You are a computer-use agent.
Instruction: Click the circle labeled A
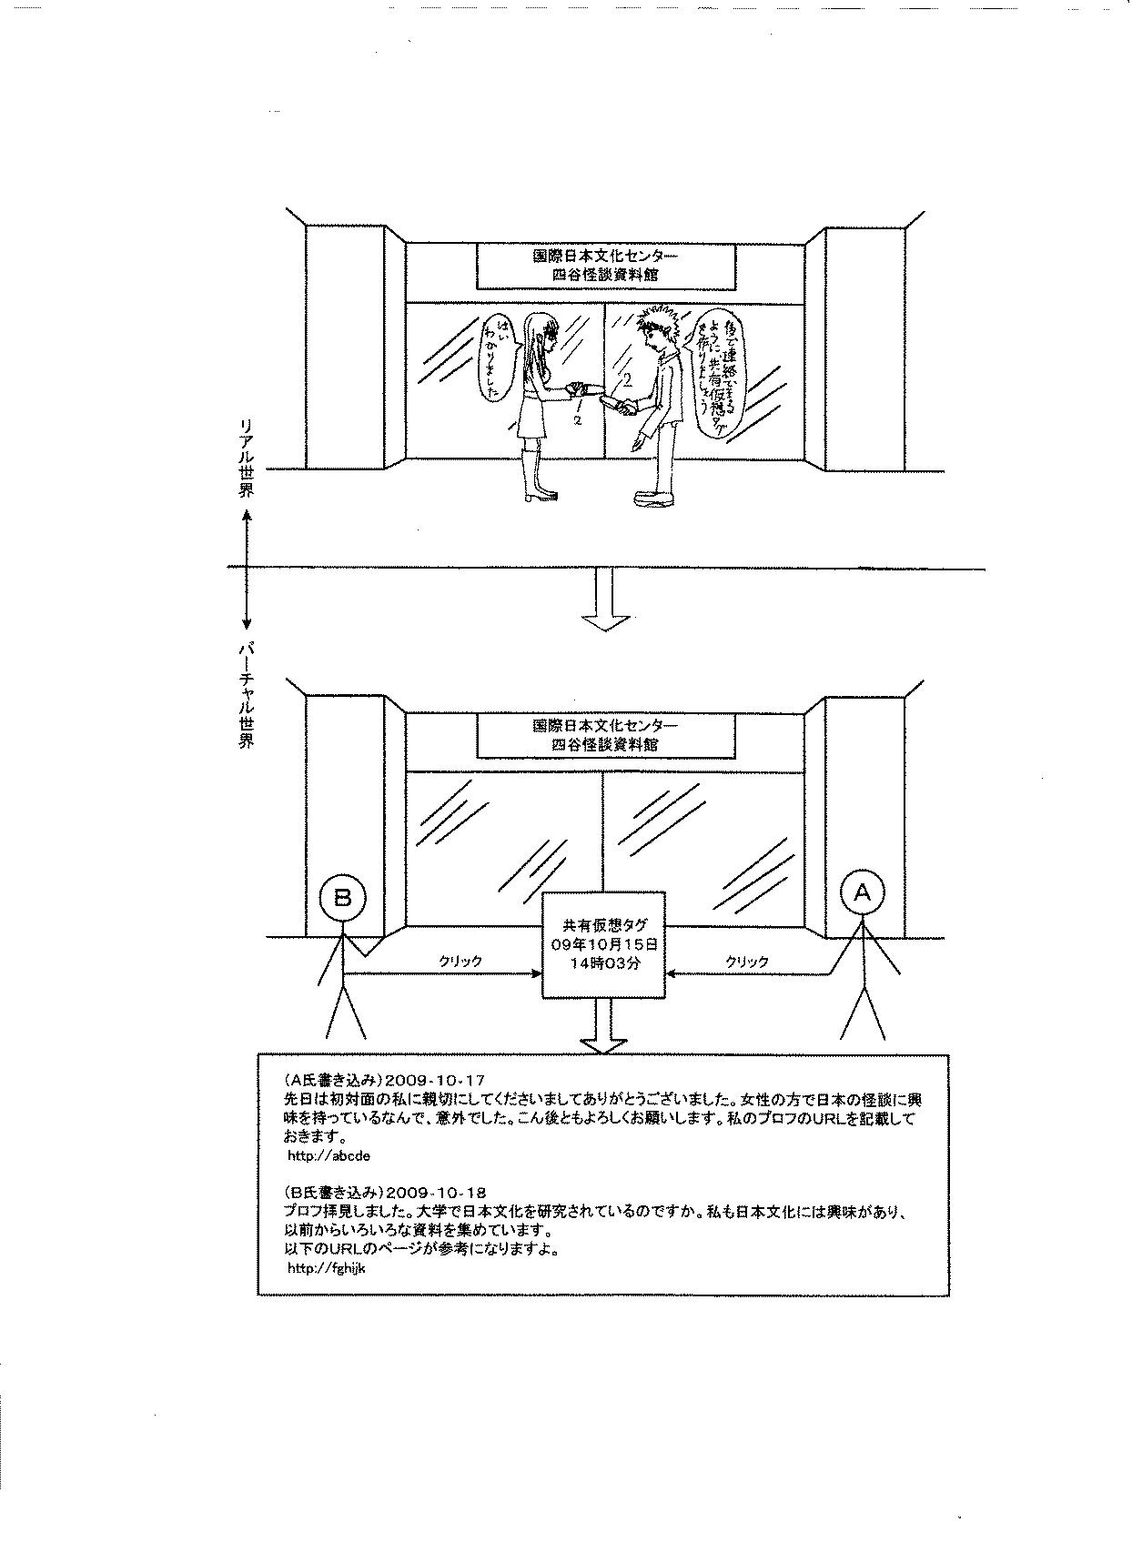pos(862,893)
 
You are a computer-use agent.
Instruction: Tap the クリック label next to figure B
pos(460,961)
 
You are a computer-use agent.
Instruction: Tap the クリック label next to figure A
pos(746,961)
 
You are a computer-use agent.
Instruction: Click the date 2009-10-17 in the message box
pos(435,1080)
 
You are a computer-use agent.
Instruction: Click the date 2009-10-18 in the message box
pos(436,1192)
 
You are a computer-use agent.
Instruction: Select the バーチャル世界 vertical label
pos(247,696)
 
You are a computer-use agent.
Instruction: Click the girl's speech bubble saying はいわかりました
pos(500,358)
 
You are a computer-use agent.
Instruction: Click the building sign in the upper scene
pos(605,264)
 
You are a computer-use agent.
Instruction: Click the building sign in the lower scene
pos(605,734)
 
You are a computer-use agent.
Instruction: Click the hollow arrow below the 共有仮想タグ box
pos(605,1028)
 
